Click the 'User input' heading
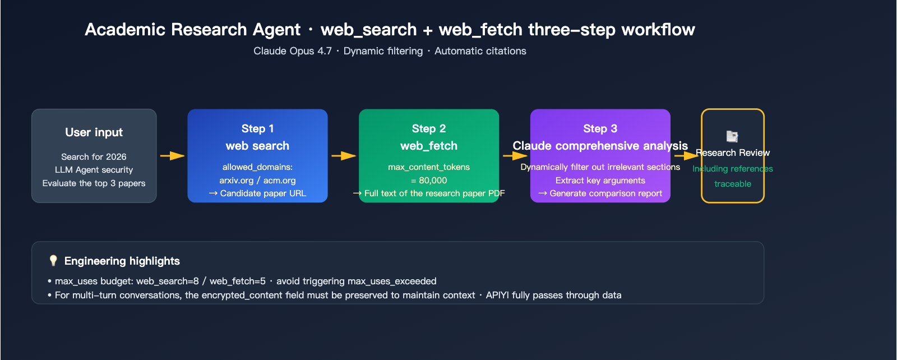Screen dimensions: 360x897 pos(94,132)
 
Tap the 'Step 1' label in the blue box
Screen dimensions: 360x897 pos(257,128)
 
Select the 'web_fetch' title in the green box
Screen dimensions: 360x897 pos(428,146)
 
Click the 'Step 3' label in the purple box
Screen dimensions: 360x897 pos(600,128)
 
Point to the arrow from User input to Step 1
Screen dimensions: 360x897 pos(172,156)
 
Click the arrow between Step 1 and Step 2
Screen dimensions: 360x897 pos(343,156)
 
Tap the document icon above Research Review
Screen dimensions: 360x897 pos(732,136)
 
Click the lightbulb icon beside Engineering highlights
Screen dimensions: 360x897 pos(53,261)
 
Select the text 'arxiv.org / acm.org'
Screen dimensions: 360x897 pos(257,181)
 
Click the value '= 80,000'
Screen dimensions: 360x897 pos(428,181)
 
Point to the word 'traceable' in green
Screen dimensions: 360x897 pos(732,184)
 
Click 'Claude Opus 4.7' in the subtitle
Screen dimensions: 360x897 pos(292,51)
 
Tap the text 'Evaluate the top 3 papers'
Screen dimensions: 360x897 pos(94,183)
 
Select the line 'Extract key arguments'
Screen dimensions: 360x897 pos(600,181)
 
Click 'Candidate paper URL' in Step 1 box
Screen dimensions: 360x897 pos(263,193)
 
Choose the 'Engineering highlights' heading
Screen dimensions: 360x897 pos(122,261)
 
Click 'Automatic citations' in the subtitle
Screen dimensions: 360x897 pos(480,51)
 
